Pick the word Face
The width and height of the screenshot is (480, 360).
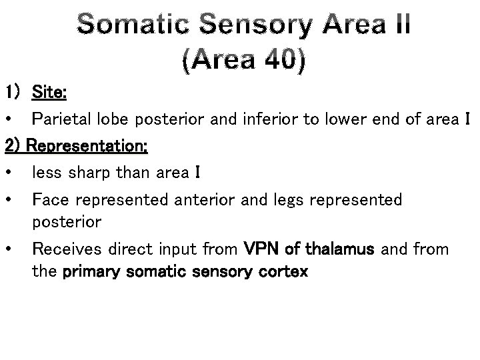(x=49, y=200)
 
